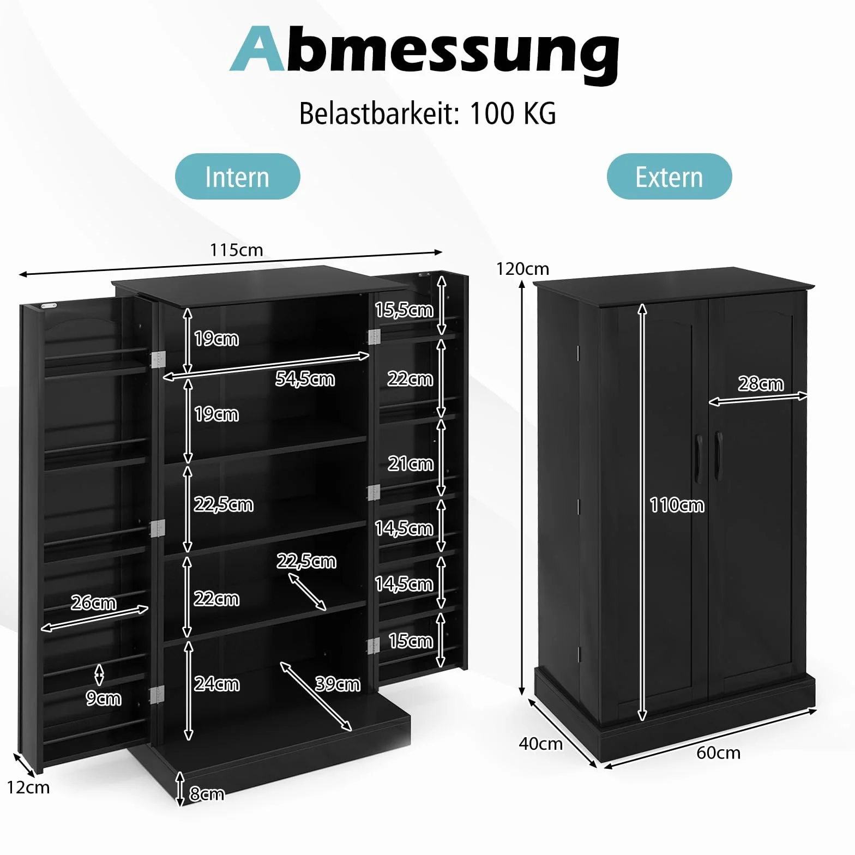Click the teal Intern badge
pyautogui.click(x=237, y=177)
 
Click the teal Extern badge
pyautogui.click(x=669, y=177)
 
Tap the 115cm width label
pyautogui.click(x=237, y=250)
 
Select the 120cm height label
pyautogui.click(x=522, y=269)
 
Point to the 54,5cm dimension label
pyautogui.click(x=305, y=378)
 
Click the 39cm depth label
pyautogui.click(x=338, y=684)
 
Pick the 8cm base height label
pyautogui.click(x=207, y=794)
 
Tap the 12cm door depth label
pyautogui.click(x=28, y=787)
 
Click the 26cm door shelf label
pyautogui.click(x=93, y=603)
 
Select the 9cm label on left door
pyautogui.click(x=104, y=699)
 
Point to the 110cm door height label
pyautogui.click(x=677, y=505)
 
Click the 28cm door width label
pyautogui.click(x=761, y=384)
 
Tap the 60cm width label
pyautogui.click(x=718, y=753)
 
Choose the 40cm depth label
pyautogui.click(x=540, y=744)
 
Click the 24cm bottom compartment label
pyautogui.click(x=216, y=684)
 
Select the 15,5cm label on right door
pyautogui.click(x=404, y=310)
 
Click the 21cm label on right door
pyautogui.click(x=411, y=463)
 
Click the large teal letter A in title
pyautogui.click(x=258, y=49)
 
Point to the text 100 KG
pyautogui.click(x=513, y=113)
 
